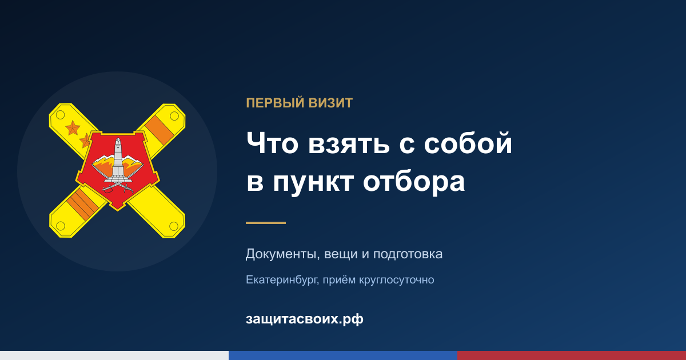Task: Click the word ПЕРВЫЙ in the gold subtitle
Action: (276, 103)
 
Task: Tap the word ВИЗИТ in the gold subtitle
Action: (330, 103)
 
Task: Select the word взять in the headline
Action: (349, 144)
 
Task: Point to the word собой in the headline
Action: (468, 143)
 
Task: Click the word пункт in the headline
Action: (313, 183)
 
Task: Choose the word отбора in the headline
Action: (414, 182)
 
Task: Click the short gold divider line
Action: (266, 223)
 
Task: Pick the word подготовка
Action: (408, 255)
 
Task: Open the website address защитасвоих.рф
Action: (304, 319)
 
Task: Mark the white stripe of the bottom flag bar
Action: (114, 355)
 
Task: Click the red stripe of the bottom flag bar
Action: (572, 355)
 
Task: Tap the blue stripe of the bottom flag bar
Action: (343, 355)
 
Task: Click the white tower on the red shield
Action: (118, 159)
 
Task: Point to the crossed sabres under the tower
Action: (118, 185)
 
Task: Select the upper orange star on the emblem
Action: (73, 127)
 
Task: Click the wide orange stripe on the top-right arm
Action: (159, 130)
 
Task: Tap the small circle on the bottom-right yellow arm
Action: (174, 226)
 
